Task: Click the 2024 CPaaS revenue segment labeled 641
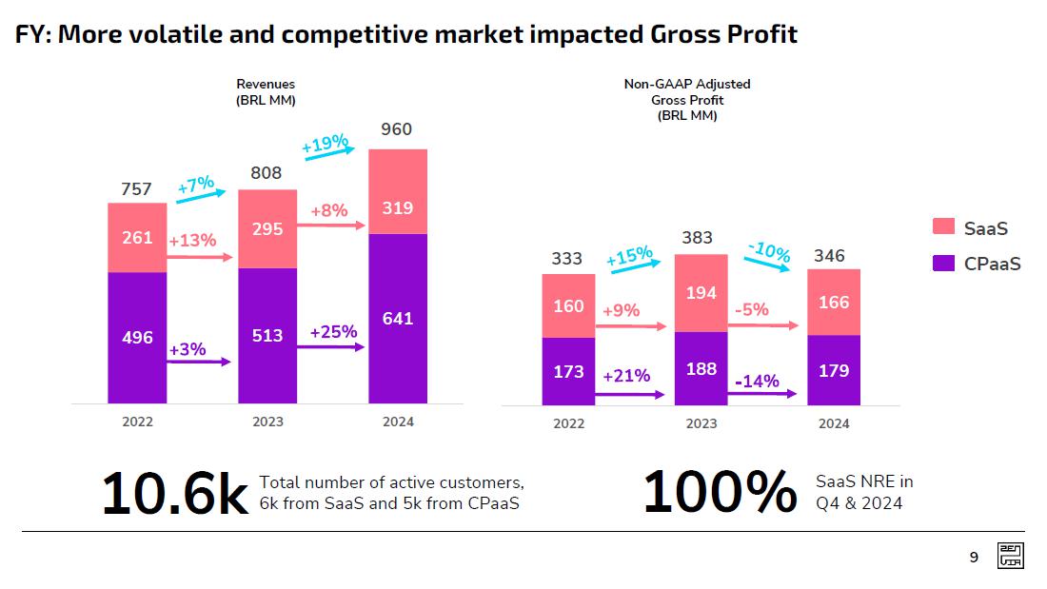(x=398, y=318)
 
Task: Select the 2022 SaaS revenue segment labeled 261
(x=137, y=237)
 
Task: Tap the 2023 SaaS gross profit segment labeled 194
(x=701, y=293)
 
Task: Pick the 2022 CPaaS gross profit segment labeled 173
(x=568, y=370)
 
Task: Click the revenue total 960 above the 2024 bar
(x=396, y=129)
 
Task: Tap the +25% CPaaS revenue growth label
(x=333, y=332)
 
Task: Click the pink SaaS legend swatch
(x=943, y=226)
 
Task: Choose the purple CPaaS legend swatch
(x=943, y=263)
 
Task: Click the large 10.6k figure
(x=173, y=494)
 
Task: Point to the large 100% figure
(x=720, y=492)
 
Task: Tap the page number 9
(x=973, y=558)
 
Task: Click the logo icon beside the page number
(x=1010, y=557)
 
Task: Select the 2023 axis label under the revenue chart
(x=267, y=422)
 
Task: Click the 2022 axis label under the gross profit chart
(x=568, y=423)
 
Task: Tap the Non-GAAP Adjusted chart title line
(x=686, y=84)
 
